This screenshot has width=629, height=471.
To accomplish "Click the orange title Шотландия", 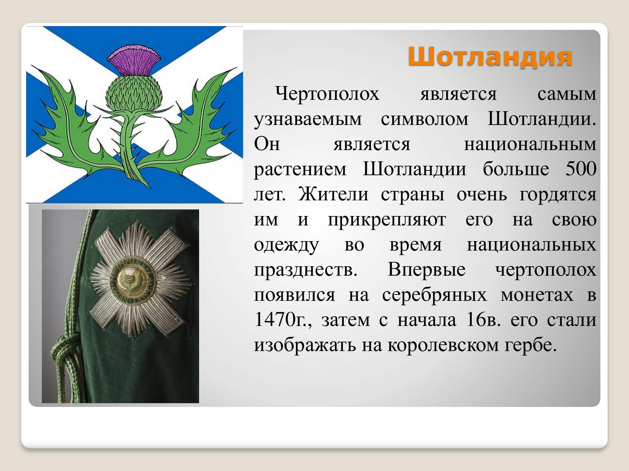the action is (490, 57).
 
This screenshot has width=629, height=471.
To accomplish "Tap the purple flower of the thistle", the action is (134, 60).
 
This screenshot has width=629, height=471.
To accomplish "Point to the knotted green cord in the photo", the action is (64, 355).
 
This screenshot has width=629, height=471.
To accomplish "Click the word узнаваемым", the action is (308, 120).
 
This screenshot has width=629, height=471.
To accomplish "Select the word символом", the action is (425, 119).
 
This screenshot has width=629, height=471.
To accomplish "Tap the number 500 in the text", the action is (581, 169).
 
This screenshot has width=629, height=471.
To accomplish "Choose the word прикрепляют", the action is (387, 220).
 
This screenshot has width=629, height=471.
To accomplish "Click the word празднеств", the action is (306, 270).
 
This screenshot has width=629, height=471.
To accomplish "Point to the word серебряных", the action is (434, 295).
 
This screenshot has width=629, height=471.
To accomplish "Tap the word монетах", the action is (537, 295).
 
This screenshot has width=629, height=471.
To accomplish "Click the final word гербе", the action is (531, 345).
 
